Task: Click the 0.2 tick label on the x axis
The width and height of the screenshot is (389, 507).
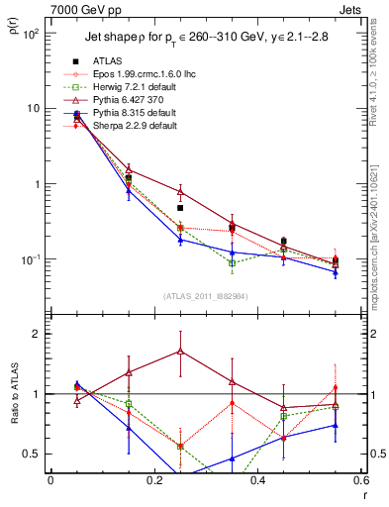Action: (153, 480)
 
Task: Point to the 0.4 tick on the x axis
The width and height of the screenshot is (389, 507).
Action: (257, 480)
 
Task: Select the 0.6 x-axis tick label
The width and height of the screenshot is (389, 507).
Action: (360, 480)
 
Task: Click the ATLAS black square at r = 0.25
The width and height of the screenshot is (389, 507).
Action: (180, 208)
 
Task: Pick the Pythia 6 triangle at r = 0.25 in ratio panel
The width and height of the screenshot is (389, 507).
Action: (180, 351)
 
